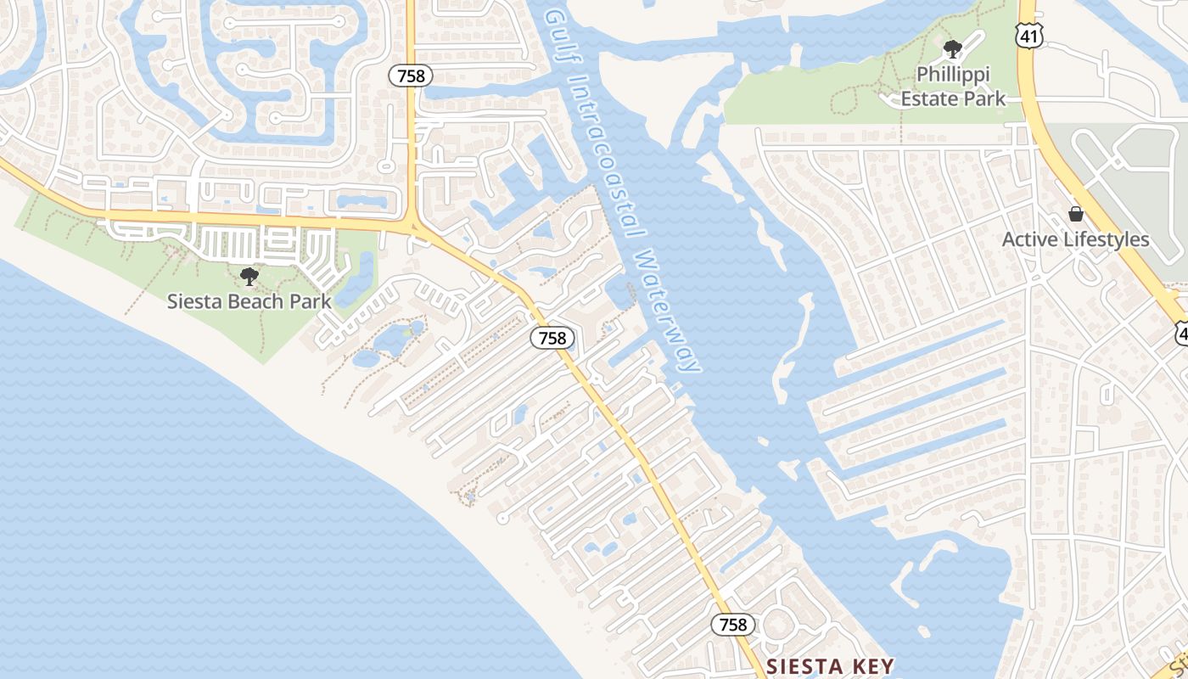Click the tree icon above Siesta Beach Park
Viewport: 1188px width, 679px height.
249,276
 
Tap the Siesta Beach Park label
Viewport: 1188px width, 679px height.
249,300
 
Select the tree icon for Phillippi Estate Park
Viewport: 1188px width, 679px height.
953,48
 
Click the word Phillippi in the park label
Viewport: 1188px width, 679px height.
953,75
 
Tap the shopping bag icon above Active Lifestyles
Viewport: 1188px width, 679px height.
1076,214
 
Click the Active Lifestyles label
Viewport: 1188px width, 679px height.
1075,239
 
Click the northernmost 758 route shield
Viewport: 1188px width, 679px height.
411,76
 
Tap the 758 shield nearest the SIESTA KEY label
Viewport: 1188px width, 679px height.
732,625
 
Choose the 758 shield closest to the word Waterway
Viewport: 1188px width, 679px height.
552,338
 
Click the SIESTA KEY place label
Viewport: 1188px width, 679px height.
830,665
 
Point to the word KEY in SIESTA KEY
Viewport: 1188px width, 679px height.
874,665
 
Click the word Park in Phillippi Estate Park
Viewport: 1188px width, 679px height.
985,98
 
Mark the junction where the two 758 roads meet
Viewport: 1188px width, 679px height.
413,226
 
